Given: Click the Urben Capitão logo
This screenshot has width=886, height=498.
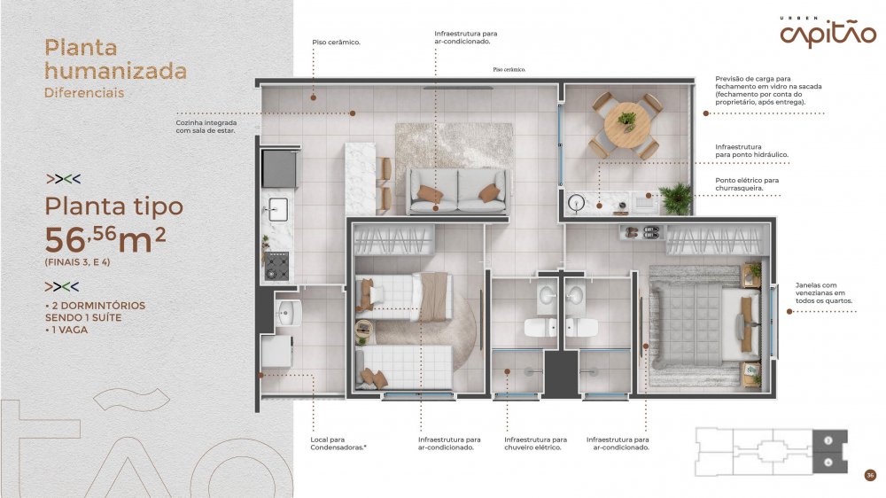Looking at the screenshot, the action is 828,32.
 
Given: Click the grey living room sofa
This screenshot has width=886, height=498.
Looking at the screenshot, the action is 458,191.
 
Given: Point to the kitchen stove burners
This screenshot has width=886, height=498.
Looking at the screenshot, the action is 276,266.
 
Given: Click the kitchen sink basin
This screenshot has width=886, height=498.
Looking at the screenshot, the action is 277,209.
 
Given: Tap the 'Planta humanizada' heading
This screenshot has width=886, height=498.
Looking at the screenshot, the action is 115,59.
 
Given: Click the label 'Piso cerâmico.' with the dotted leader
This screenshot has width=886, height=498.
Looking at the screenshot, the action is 336,43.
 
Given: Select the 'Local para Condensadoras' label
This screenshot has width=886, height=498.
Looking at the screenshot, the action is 338,444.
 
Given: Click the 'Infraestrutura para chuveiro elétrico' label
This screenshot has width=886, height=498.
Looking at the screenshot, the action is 536,444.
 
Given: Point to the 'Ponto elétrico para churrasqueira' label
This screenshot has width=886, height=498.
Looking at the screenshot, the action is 747,184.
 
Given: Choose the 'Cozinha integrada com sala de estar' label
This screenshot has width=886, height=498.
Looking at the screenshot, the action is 206,127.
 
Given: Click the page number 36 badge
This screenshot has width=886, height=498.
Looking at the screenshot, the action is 870,475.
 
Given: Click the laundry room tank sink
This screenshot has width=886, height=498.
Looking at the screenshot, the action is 289,313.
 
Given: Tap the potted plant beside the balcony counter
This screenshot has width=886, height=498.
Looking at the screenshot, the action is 676,198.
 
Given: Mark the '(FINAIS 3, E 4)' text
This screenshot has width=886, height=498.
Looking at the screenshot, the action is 77,262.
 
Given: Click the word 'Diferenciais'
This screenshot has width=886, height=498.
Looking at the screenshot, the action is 84,93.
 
